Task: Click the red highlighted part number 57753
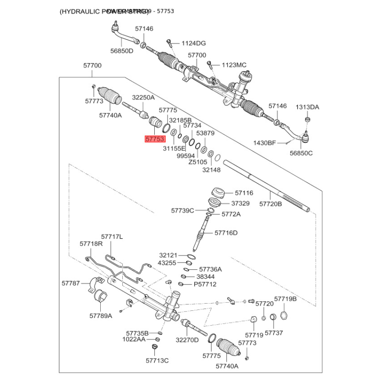click(x=155, y=139)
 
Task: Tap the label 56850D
click(x=122, y=51)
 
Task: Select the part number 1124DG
click(x=193, y=43)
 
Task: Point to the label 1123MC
click(x=234, y=65)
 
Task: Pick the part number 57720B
click(x=271, y=203)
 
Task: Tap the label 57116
click(x=244, y=193)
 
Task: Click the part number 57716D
click(x=226, y=233)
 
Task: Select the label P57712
click(x=205, y=284)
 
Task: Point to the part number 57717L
click(x=112, y=236)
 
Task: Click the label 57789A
click(x=101, y=316)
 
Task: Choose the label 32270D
click(x=187, y=340)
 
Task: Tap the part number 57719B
click(x=286, y=299)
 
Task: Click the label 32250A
click(x=143, y=97)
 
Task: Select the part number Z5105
click(x=198, y=162)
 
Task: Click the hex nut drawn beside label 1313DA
click(x=308, y=119)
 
